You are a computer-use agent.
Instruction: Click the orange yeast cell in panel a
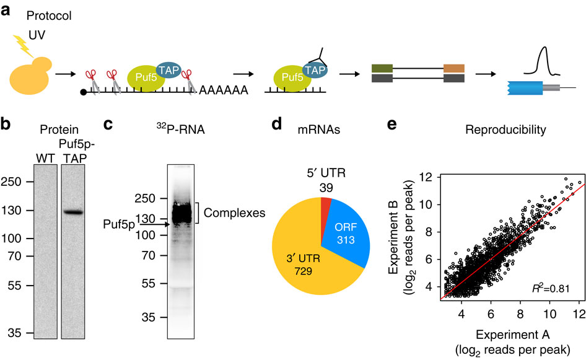[x=27, y=79]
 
